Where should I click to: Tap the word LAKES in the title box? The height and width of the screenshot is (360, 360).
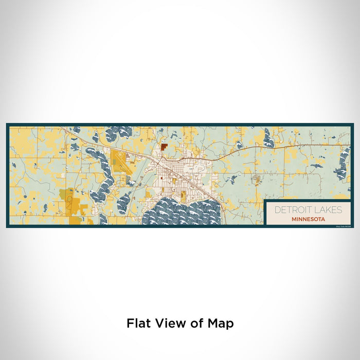coord(327,210)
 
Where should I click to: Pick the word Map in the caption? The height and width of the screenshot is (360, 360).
coord(221,323)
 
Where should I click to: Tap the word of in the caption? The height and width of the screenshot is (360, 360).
coord(195,323)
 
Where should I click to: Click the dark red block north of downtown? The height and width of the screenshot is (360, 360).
coord(164,146)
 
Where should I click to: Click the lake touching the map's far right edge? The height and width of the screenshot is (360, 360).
coord(341,165)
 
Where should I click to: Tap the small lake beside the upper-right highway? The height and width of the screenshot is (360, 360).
coord(268,138)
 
